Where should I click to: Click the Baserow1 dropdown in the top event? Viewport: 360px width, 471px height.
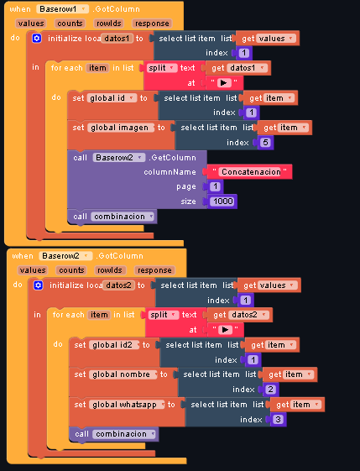tap(62, 9)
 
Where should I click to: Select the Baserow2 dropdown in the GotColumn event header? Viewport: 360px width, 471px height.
tap(65, 256)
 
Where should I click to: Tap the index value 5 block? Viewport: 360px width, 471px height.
tap(265, 143)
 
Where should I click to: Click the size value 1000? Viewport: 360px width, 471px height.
tap(222, 201)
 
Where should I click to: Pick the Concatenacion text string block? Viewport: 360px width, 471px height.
tap(249, 172)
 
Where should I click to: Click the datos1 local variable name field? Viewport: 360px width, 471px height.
tap(117, 39)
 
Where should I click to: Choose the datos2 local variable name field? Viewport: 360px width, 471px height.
tap(118, 285)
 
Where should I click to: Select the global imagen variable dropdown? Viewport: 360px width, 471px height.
tap(121, 128)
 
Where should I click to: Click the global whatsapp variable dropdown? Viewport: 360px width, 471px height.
tap(127, 405)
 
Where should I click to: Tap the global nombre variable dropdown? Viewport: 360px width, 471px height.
tap(123, 374)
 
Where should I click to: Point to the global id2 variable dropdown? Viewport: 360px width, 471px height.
tap(115, 345)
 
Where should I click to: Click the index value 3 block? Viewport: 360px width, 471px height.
tap(278, 419)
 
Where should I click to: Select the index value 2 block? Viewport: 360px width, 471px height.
tap(270, 390)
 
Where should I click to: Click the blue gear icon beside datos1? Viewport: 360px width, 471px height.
tap(37, 39)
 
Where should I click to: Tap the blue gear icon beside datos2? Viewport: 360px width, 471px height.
tap(39, 285)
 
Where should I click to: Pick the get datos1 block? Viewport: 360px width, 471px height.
tap(238, 68)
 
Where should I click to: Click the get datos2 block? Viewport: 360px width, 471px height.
tap(240, 315)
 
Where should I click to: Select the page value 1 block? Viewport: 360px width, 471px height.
tap(215, 186)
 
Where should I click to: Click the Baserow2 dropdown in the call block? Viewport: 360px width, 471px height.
tap(119, 158)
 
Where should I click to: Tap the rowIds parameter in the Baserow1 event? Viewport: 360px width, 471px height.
tap(109, 24)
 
